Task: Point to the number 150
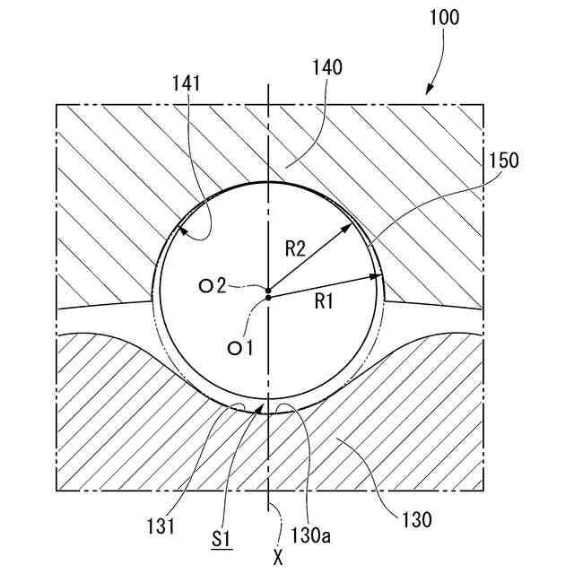[504, 161]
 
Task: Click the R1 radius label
[325, 302]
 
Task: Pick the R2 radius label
[297, 248]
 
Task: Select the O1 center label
[239, 347]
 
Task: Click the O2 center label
[213, 286]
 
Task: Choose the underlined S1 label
[222, 539]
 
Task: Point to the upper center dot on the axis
[269, 289]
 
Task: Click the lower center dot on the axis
[269, 298]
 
